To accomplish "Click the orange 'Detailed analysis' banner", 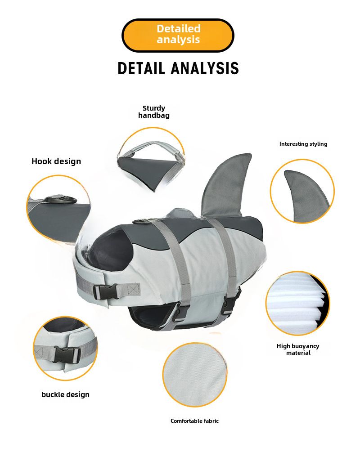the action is click(178, 35).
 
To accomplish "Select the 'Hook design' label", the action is click(56, 161).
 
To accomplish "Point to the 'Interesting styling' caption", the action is click(303, 144).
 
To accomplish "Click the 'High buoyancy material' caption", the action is click(298, 349).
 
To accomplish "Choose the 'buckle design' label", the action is click(65, 394).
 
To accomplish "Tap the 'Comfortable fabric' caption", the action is click(194, 421).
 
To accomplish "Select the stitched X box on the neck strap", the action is click(133, 288).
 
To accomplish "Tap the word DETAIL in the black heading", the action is click(142, 68).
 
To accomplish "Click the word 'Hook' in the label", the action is click(41, 161).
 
